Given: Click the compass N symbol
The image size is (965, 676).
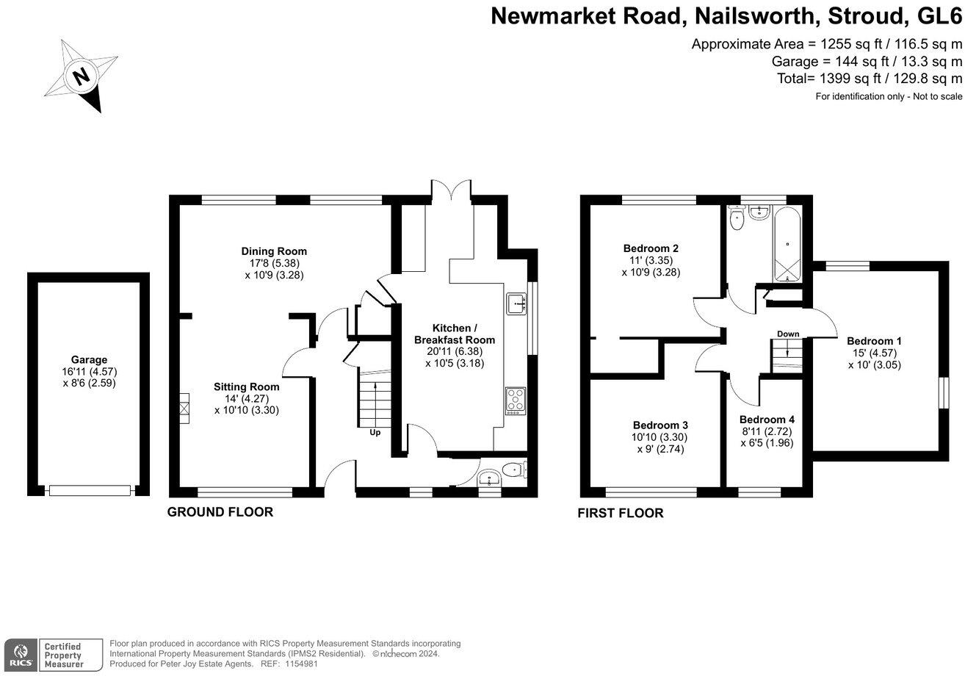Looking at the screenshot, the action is tap(80, 76).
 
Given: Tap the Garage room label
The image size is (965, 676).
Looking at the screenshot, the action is tap(89, 360).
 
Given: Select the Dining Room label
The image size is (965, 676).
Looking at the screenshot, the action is tap(274, 251).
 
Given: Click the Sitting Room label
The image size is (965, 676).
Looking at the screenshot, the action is tap(246, 386).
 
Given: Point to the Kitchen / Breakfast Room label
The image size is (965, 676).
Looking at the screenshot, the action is tap(455, 334).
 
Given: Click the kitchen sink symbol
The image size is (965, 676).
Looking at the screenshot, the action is tap(516, 303).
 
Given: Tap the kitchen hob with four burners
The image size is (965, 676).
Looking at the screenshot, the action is tap(516, 400).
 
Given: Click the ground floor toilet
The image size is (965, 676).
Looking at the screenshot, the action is tap(513, 470).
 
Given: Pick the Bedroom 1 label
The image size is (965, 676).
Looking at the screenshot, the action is tap(874, 341).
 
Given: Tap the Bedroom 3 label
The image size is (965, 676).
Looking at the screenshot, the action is tap(660, 425).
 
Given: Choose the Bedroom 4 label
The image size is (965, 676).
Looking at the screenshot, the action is tap(767, 420).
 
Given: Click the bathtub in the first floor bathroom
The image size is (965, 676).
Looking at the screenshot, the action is tap(787, 245).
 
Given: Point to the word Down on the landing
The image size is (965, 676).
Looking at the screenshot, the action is tap(788, 334).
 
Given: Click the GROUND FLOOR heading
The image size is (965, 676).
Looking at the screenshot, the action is tap(220, 512).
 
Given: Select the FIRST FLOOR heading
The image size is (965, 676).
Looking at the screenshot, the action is tap(621, 513).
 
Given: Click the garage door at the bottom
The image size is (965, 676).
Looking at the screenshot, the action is tap(89, 490).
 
